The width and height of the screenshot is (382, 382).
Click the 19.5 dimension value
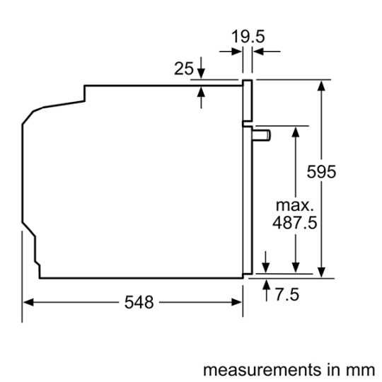(x=248, y=36)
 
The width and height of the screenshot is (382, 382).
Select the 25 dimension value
(x=183, y=69)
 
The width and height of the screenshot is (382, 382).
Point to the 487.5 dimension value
(x=294, y=223)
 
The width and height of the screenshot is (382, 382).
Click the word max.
(x=294, y=206)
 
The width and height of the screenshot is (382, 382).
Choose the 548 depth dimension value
(x=139, y=302)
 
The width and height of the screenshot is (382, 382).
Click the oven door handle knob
(x=264, y=134)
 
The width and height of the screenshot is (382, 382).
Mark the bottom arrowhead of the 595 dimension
(x=322, y=272)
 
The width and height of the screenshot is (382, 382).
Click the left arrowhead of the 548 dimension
(x=28, y=302)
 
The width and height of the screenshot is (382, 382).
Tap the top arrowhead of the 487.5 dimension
(x=295, y=131)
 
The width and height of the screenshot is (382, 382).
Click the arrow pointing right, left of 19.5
(x=233, y=51)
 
